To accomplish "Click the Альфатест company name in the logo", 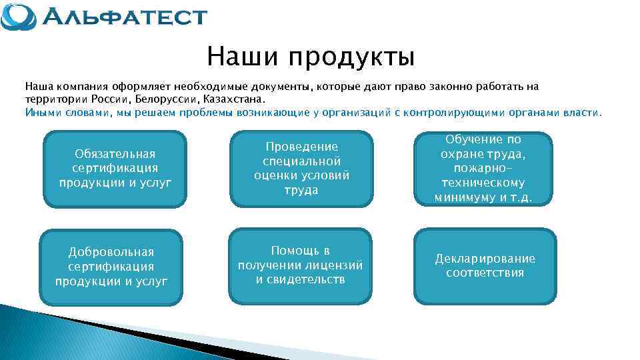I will point(124,16).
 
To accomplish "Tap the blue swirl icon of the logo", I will point(19,17).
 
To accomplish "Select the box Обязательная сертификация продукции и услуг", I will point(115,168).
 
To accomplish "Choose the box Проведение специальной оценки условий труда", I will point(301,168).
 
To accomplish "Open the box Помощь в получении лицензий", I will point(300,265).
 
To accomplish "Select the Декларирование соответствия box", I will point(485,265).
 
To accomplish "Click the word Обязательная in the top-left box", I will point(115,154).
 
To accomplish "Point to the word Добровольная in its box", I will point(111,252).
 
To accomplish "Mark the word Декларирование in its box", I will point(485,259).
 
